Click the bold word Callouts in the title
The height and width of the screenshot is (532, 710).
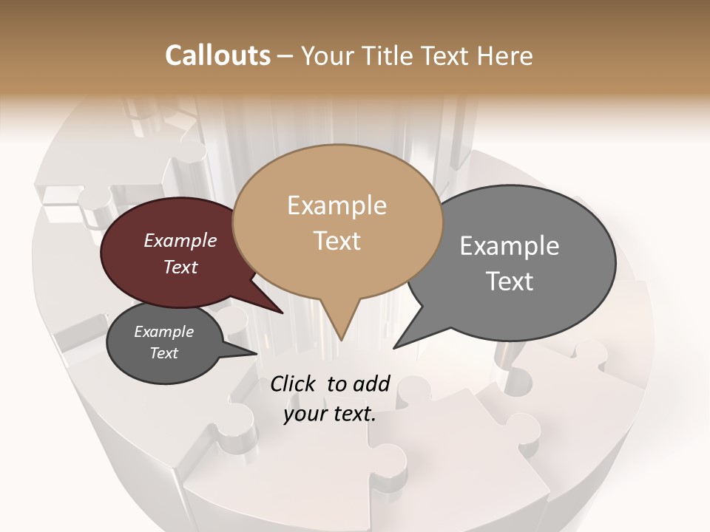(x=217, y=55)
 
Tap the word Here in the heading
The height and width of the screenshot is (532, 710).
(x=507, y=55)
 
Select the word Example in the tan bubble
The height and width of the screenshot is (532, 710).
(x=337, y=205)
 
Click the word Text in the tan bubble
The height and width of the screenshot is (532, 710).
(x=337, y=240)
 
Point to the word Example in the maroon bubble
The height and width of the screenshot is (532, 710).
(x=180, y=240)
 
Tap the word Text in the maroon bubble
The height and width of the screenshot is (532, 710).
(x=180, y=267)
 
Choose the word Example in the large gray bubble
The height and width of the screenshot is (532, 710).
(x=510, y=246)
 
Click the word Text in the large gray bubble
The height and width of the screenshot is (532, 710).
(x=510, y=281)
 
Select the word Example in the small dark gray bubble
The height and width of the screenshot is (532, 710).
(x=163, y=332)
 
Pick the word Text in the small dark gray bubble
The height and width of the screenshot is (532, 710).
(x=163, y=353)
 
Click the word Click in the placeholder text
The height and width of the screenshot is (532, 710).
(x=294, y=383)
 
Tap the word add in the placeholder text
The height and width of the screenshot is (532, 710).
(x=371, y=383)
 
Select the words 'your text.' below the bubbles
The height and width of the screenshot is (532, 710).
(x=329, y=415)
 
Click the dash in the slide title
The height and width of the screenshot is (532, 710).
(x=285, y=56)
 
